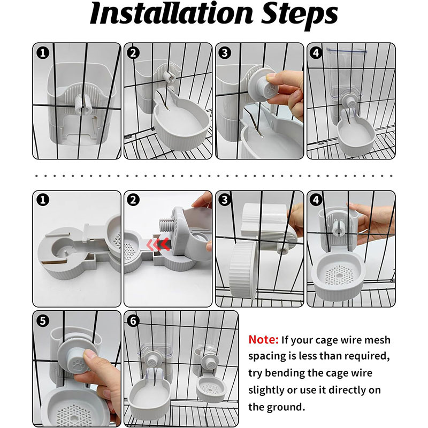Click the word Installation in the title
click(x=172, y=13)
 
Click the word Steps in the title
click(x=300, y=16)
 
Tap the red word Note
click(x=263, y=340)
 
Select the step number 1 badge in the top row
click(x=43, y=52)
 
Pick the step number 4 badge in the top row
click(x=316, y=52)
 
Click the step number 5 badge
click(x=43, y=320)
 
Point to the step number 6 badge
click(x=133, y=320)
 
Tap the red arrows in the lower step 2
click(x=158, y=244)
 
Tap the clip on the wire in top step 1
click(x=83, y=104)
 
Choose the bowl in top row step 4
click(x=355, y=136)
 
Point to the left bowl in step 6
click(x=149, y=396)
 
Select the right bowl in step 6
click(x=211, y=389)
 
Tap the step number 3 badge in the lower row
click(x=225, y=200)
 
